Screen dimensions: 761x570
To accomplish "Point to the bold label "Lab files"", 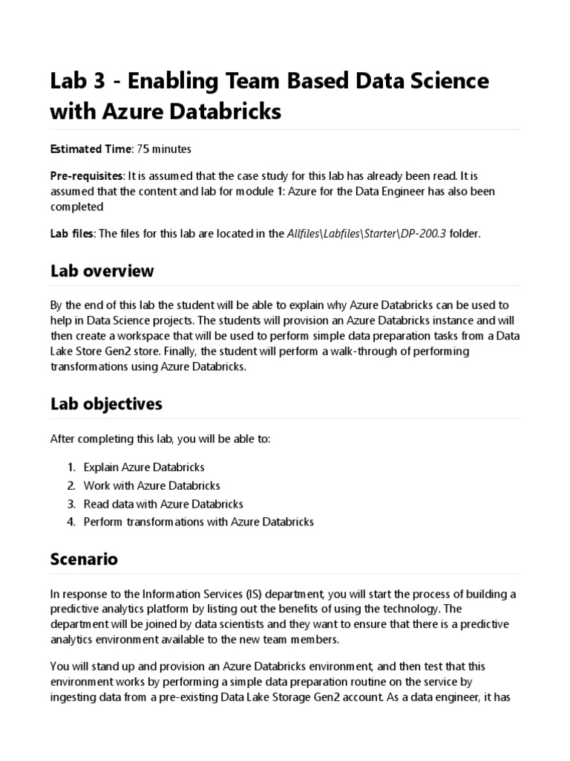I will point(72,233).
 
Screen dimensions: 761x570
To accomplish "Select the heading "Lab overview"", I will point(102,271).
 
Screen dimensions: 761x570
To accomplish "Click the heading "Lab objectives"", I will point(106,404).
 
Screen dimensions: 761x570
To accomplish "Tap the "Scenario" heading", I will point(84,559).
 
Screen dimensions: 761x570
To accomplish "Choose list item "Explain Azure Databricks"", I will point(144,467).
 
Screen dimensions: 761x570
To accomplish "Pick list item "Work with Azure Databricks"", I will point(152,485).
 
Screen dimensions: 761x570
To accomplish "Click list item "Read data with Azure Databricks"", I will point(163,504).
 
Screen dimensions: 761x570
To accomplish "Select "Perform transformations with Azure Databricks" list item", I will point(199,522).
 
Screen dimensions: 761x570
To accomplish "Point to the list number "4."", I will point(71,522).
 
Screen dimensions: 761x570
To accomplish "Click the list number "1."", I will point(71,467).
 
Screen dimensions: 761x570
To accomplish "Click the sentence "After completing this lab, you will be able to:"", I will point(160,439).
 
